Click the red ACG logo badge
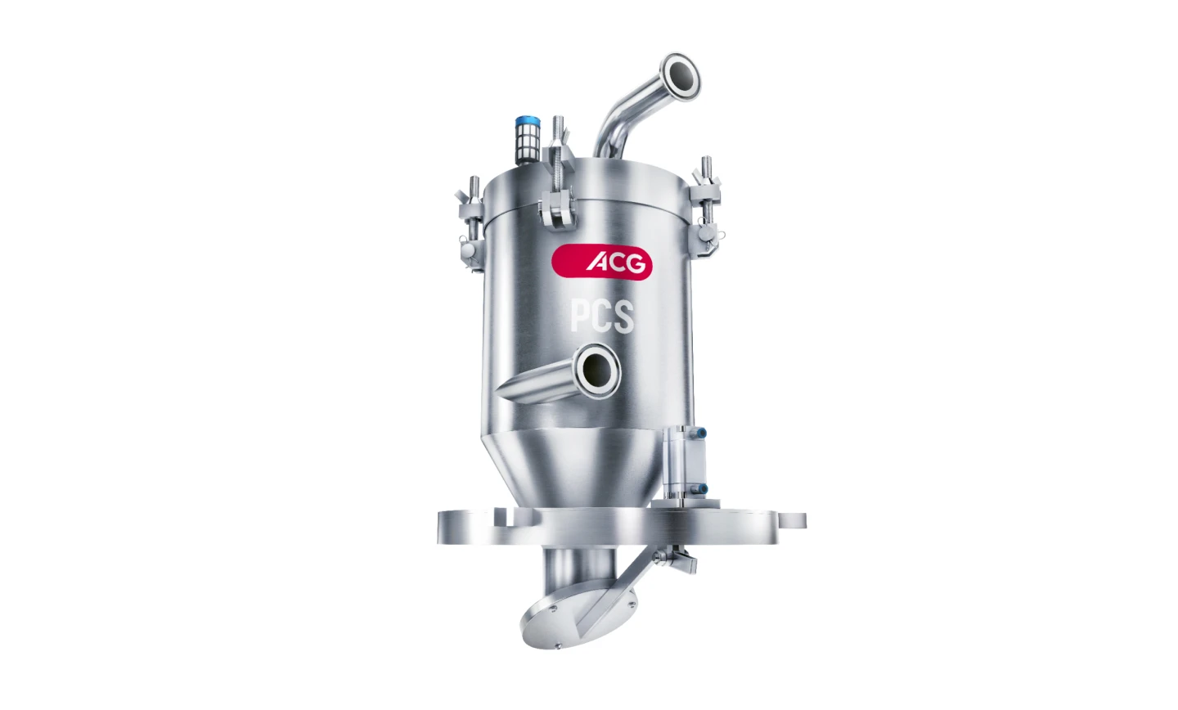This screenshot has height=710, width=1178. [601, 262]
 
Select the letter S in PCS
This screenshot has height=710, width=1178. [623, 317]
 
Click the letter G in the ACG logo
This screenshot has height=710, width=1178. [634, 263]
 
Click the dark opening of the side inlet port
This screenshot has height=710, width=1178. [596, 370]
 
